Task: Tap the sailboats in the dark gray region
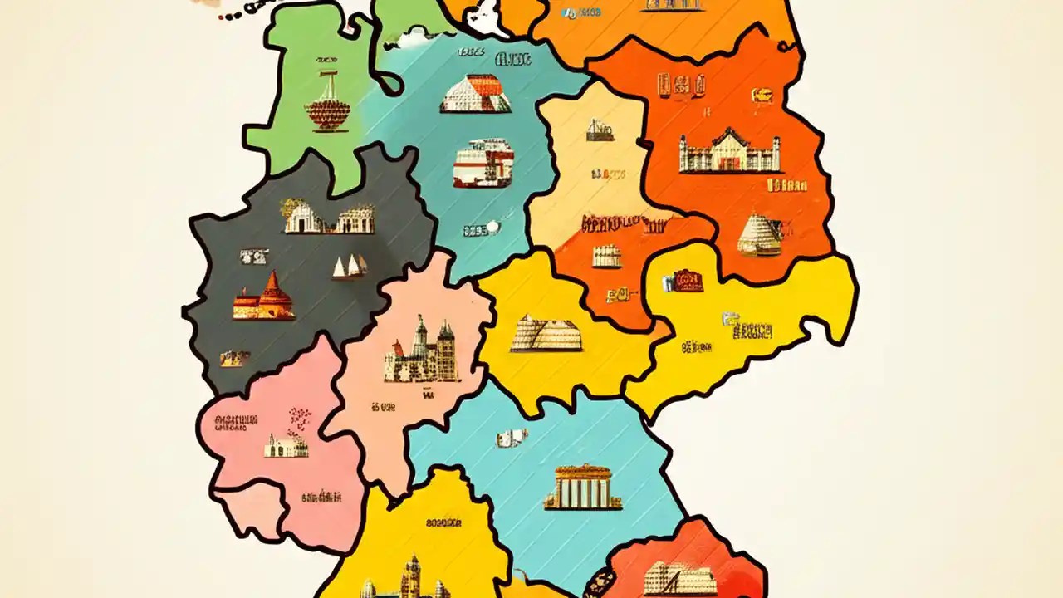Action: click(x=350, y=266)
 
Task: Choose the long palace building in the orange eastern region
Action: click(x=730, y=152)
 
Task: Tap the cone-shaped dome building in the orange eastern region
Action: click(x=760, y=235)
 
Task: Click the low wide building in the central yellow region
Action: click(x=546, y=333)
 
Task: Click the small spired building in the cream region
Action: click(x=600, y=130)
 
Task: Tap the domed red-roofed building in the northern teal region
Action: click(x=475, y=94)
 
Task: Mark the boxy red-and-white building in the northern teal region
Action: click(x=483, y=163)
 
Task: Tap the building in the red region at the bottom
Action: click(x=679, y=578)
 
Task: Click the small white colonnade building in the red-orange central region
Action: click(x=607, y=256)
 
